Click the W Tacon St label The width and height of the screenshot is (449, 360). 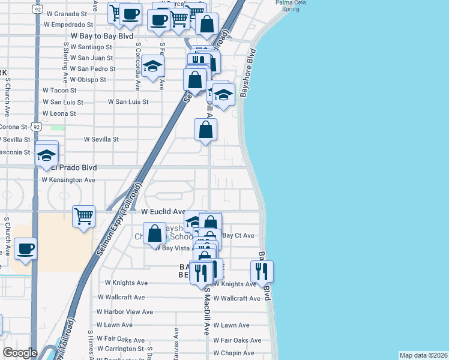pos(59,90)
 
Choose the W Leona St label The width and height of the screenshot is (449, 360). pos(59,113)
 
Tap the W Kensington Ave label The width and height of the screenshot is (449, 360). pos(68,180)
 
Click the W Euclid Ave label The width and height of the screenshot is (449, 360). pos(164,212)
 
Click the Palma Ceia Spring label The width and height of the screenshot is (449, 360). pos(288,6)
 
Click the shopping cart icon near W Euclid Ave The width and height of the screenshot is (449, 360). pos(83,215)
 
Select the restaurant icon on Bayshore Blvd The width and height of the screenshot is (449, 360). pos(262,271)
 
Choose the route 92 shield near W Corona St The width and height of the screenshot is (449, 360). pos(37,127)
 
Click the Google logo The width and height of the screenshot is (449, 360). pos(20,353)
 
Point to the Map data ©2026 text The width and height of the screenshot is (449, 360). pos(423,355)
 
